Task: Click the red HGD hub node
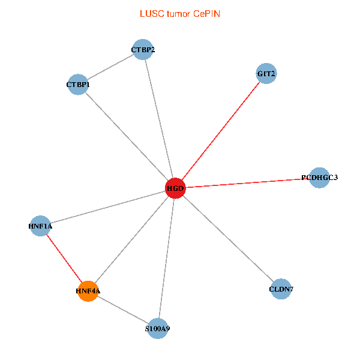[x=175, y=188]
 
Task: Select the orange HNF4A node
[x=88, y=291]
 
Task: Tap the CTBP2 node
[x=143, y=49]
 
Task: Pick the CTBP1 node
[x=78, y=85]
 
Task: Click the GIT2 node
[x=266, y=74]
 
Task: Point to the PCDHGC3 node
[x=320, y=178]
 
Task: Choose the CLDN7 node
[x=281, y=290]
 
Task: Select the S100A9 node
[x=157, y=328]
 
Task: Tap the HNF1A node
[x=40, y=226]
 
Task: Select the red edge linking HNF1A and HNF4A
[x=64, y=259]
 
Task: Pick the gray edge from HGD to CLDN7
[x=228, y=239]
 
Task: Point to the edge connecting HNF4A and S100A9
[x=122, y=310]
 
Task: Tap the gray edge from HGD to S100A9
[x=166, y=258]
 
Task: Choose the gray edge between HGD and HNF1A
[x=108, y=207]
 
